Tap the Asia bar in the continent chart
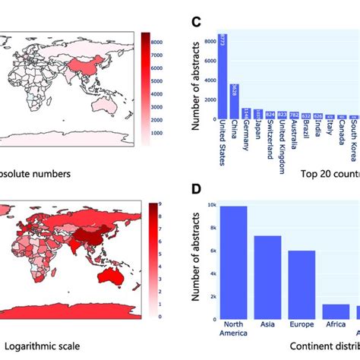pyautogui.click(x=267, y=277)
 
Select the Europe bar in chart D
pyautogui.click(x=302, y=285)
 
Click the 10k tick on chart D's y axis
pyautogui.click(x=209, y=205)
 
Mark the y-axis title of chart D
pyautogui.click(x=193, y=262)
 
